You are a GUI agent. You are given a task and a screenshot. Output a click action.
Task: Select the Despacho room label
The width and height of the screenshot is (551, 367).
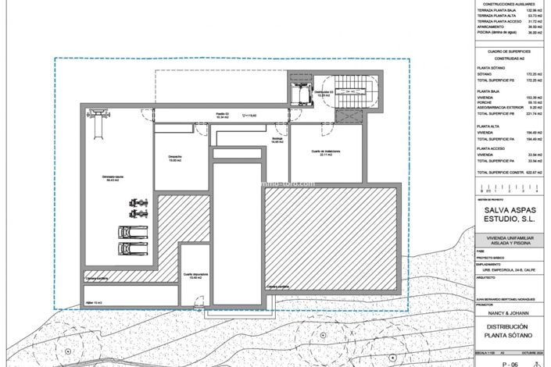coord(175,158)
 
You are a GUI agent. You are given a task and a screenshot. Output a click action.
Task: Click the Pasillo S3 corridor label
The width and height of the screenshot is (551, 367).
coord(224,115)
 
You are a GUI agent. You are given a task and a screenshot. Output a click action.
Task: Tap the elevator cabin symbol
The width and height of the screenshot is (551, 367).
coord(299,92)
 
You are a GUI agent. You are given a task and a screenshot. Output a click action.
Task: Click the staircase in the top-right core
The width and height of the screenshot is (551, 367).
coord(356,92)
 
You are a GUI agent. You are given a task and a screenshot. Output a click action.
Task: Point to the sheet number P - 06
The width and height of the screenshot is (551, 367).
coord(511,362)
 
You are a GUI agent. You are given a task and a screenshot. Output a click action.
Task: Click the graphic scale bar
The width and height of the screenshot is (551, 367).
coord(508,187)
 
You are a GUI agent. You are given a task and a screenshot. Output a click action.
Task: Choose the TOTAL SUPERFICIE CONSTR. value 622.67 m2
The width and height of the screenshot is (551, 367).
coord(531,172)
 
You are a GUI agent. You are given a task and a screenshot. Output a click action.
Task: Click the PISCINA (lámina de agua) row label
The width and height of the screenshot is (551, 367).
coord(501,32)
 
